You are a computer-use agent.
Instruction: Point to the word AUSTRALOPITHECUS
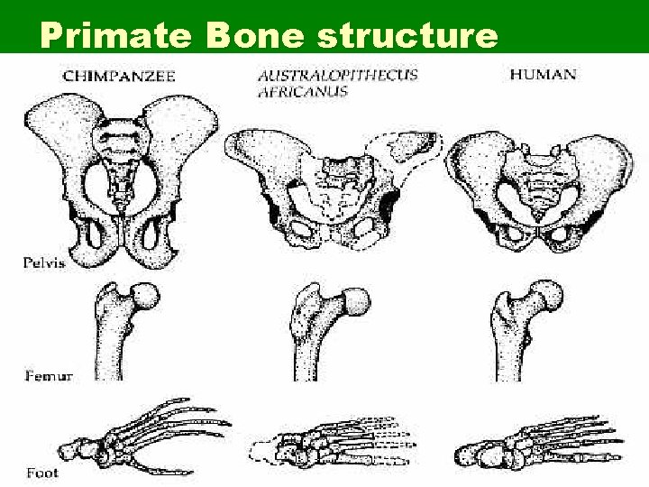point(337,75)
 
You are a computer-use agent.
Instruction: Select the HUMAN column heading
point(543,73)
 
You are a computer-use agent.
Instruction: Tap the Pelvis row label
point(41,262)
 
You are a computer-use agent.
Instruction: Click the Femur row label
point(40,372)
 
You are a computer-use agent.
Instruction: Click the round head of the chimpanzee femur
point(144,297)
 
